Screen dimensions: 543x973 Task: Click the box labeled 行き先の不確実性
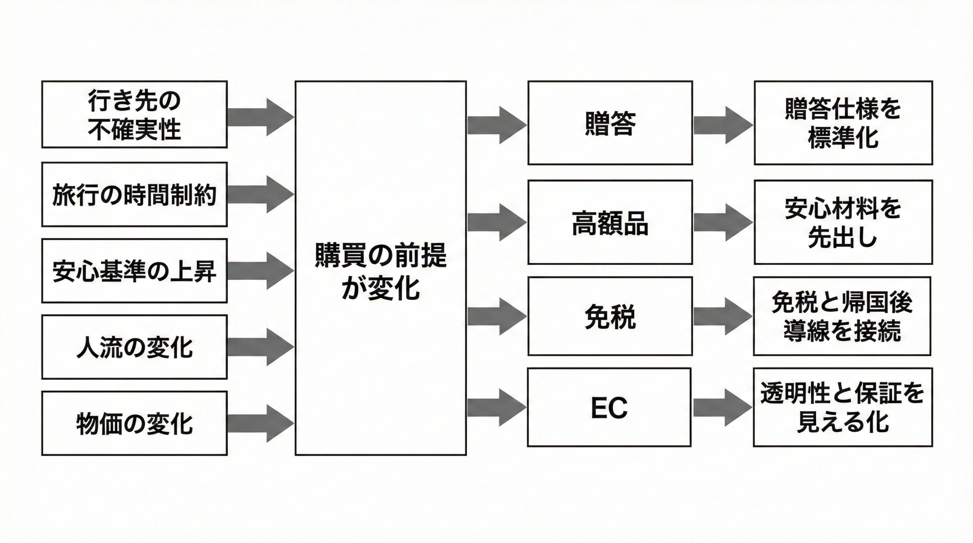[x=134, y=114]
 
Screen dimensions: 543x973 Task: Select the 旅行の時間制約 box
[x=134, y=194]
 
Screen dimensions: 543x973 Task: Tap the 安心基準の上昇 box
[x=134, y=271]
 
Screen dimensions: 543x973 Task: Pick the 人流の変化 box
[x=134, y=347]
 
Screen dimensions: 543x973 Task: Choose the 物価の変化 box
[x=134, y=423]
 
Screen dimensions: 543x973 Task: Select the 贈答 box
[x=610, y=123]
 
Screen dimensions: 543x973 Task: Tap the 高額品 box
[x=610, y=222]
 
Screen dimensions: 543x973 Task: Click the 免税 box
[x=610, y=316]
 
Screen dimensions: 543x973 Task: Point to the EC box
[x=609, y=407]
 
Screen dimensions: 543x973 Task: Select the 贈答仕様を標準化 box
[x=843, y=123]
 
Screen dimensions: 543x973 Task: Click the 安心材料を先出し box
[x=843, y=222]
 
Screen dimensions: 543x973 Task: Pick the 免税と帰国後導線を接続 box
[x=842, y=316]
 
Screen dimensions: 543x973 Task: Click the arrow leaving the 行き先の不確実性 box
[x=261, y=117]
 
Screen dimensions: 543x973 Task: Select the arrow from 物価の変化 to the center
[x=261, y=423]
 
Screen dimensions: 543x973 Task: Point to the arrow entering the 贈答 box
[x=496, y=125]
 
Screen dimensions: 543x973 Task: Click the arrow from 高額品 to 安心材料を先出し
[x=722, y=222]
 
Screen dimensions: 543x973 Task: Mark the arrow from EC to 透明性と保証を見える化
[x=722, y=407]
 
